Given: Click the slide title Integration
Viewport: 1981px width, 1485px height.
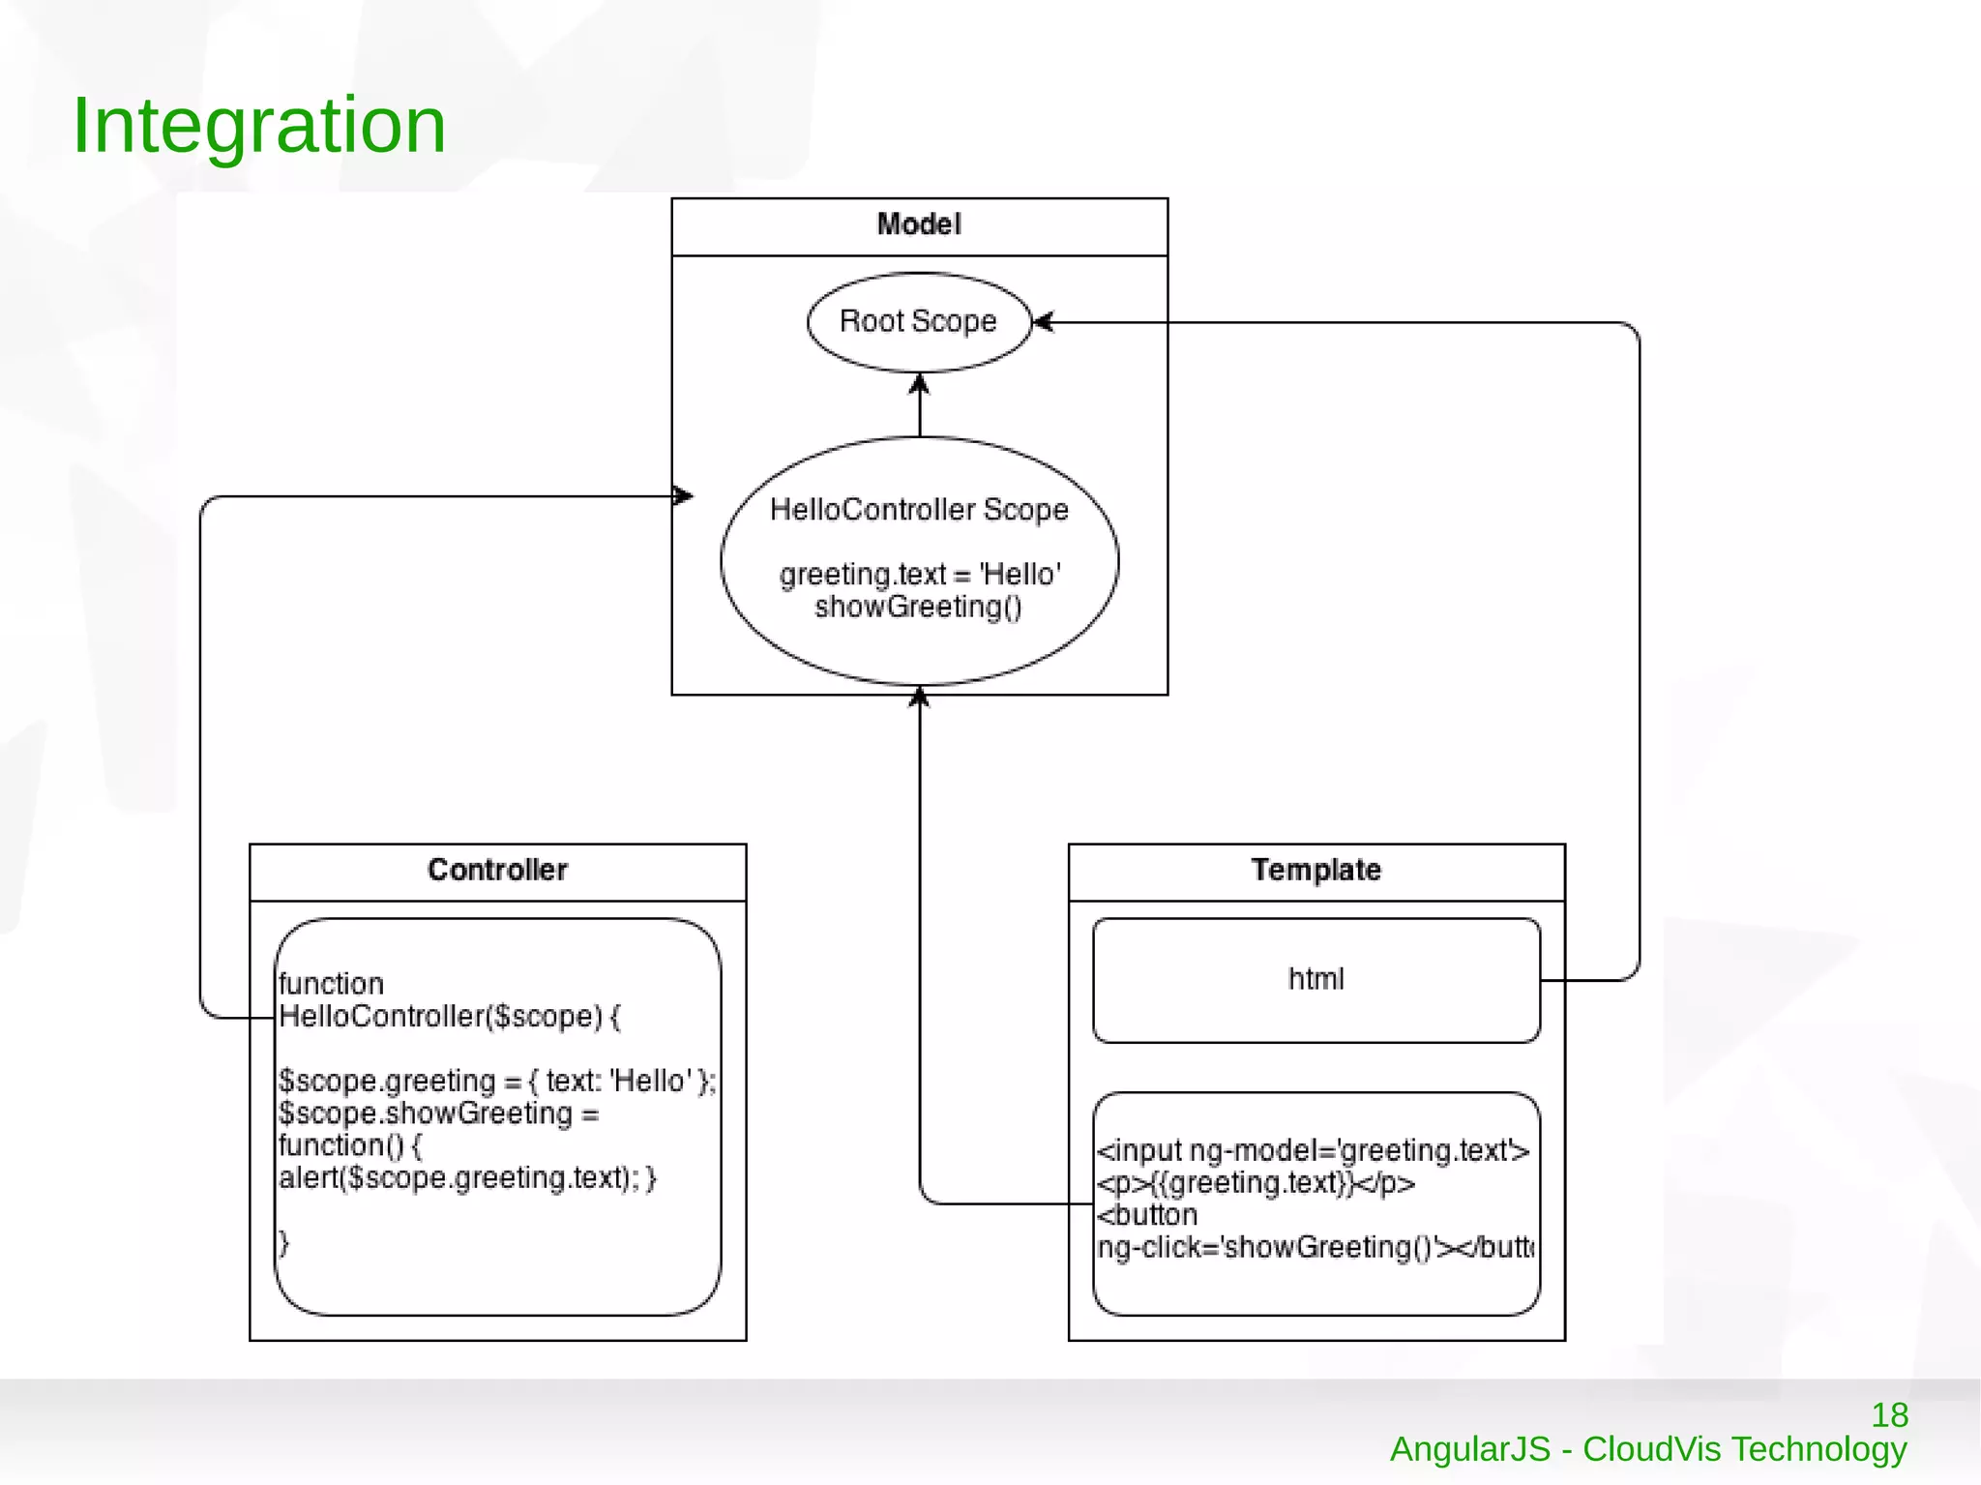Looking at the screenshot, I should pyautogui.click(x=259, y=126).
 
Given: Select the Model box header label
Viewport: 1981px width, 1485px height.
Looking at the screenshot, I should pyautogui.click(x=919, y=224).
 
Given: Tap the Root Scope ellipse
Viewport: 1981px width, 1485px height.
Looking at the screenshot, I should pyautogui.click(x=918, y=321).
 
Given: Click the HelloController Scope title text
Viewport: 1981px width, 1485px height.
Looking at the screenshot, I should pyautogui.click(x=919, y=510).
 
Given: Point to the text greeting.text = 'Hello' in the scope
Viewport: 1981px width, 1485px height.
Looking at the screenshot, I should pyautogui.click(x=919, y=575).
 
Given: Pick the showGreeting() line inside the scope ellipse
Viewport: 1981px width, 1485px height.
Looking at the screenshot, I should pyautogui.click(x=918, y=608).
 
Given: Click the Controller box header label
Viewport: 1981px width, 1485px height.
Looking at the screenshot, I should pyautogui.click(x=497, y=870).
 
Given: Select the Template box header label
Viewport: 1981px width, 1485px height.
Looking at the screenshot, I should pyautogui.click(x=1316, y=870).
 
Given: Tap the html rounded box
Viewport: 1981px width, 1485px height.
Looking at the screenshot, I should pyautogui.click(x=1316, y=979).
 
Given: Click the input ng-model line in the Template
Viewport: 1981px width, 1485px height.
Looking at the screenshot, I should pyautogui.click(x=1313, y=1150).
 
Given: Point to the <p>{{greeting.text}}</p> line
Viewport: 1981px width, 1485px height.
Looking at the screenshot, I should pyautogui.click(x=1256, y=1183).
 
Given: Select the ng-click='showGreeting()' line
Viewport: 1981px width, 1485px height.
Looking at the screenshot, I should pyautogui.click(x=1315, y=1248).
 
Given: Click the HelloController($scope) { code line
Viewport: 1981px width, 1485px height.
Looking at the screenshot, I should pyautogui.click(x=450, y=1017).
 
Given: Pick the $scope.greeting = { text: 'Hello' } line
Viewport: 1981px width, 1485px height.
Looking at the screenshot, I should pyautogui.click(x=497, y=1081).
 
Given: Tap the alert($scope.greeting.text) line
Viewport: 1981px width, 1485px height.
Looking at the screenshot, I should pyautogui.click(x=467, y=1178).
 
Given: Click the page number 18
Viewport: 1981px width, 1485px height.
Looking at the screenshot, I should pyautogui.click(x=1889, y=1415).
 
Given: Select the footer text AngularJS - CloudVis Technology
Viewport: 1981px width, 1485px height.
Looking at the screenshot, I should pyautogui.click(x=1648, y=1449).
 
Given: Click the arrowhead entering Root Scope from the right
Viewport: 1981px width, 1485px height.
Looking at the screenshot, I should pyautogui.click(x=1043, y=322).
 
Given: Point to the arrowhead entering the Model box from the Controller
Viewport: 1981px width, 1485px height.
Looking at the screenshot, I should pyautogui.click(x=683, y=496).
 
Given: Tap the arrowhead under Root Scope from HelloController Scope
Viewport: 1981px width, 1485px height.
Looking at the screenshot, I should pyautogui.click(x=919, y=385).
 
